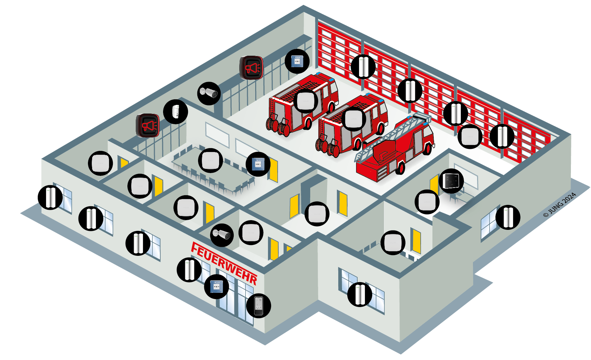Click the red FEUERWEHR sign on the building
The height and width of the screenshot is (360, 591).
224,263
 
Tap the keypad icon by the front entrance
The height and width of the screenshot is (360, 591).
258,306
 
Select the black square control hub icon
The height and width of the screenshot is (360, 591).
451,181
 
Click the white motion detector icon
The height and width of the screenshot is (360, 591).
176,112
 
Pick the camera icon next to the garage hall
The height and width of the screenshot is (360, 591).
209,93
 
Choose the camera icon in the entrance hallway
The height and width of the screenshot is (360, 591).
222,235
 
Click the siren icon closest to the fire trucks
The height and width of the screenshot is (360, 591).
251,67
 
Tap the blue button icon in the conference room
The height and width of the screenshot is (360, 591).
258,164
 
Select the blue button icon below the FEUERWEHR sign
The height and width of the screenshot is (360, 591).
216,287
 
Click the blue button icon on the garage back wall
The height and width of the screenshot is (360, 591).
297,61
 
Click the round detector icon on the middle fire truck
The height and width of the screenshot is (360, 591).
353,119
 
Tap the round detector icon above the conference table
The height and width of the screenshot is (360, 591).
210,160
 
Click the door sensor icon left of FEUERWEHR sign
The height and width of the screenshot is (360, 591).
189,270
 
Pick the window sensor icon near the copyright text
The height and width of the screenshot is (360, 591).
508,217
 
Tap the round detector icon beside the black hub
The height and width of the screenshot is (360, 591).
427,201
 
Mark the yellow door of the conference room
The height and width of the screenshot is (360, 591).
273,170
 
